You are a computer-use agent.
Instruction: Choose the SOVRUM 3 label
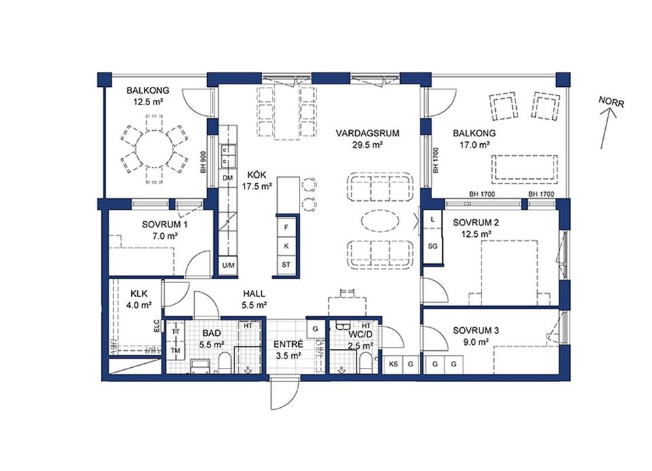pos(476,331)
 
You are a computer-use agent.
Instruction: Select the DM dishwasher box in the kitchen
pos(228,178)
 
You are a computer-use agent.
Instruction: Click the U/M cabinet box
pos(228,265)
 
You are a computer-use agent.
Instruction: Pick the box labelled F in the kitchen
pos(287,227)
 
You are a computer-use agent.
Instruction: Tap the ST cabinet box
pos(287,264)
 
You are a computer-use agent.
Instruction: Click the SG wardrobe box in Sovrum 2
pos(432,246)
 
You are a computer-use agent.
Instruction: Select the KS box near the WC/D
pos(393,364)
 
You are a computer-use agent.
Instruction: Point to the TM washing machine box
pos(175,350)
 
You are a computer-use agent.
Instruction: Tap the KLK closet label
pos(139,294)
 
